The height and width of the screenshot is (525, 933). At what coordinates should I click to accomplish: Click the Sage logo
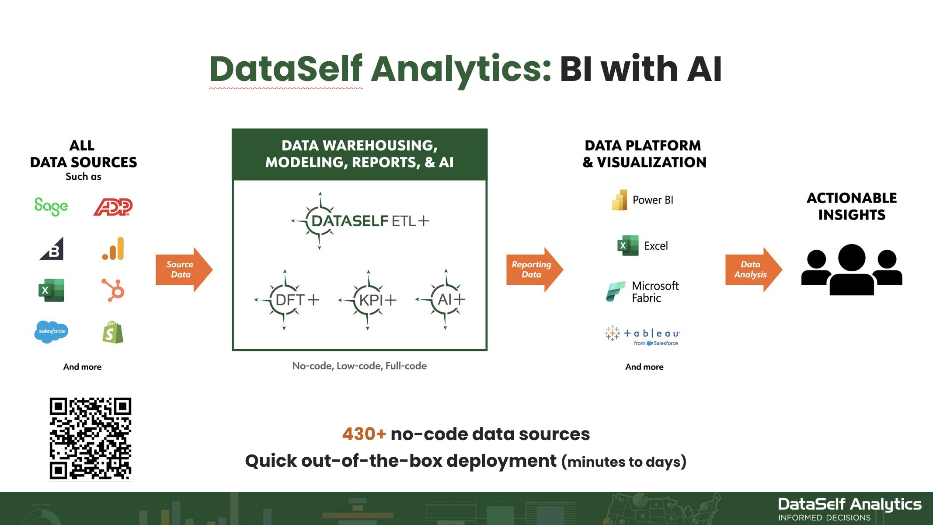pyautogui.click(x=51, y=206)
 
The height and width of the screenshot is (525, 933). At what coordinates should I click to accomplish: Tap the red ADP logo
pyautogui.click(x=113, y=207)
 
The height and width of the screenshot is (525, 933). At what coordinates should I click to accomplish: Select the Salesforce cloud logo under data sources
pyautogui.click(x=51, y=331)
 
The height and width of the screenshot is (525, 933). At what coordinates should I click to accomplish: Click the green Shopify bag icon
pyautogui.click(x=113, y=332)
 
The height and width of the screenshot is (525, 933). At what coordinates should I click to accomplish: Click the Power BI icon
pyautogui.click(x=620, y=200)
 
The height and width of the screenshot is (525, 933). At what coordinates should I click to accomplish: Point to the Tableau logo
pyautogui.click(x=643, y=335)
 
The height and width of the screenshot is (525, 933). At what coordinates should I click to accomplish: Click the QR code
pyautogui.click(x=91, y=438)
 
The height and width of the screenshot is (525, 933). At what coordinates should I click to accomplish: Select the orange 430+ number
pyautogui.click(x=364, y=434)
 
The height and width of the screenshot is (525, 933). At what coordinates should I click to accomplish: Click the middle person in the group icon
pyautogui.click(x=852, y=269)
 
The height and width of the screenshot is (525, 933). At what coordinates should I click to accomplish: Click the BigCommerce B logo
pyautogui.click(x=52, y=249)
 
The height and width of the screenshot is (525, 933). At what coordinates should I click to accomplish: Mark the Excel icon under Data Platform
pyautogui.click(x=627, y=246)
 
